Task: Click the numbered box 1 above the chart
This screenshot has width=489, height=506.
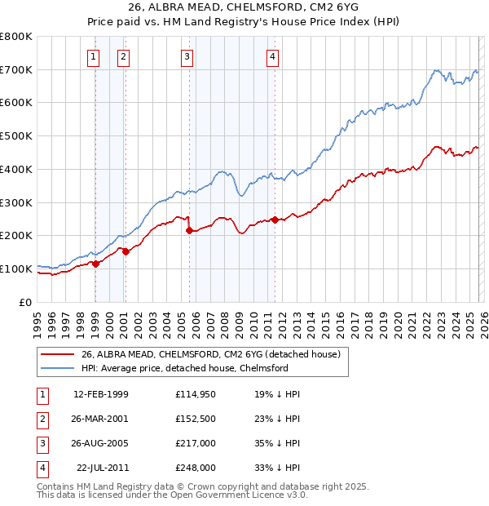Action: click(x=95, y=56)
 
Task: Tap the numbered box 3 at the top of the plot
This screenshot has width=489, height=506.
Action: click(x=187, y=56)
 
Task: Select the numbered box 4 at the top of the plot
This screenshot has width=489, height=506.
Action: click(x=272, y=56)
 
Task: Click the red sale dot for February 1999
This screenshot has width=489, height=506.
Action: click(x=95, y=264)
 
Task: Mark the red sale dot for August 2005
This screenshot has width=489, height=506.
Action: click(x=189, y=230)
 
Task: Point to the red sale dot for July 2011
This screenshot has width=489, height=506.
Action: click(x=275, y=220)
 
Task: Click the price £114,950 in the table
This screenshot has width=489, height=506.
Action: click(x=195, y=394)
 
